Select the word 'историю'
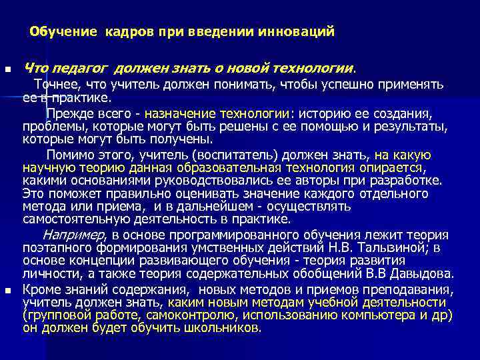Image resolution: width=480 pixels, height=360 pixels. pyautogui.click(x=322, y=113)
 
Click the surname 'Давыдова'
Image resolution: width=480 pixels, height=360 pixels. pyautogui.click(x=424, y=274)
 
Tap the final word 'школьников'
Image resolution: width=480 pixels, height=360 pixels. pyautogui.click(x=228, y=328)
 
